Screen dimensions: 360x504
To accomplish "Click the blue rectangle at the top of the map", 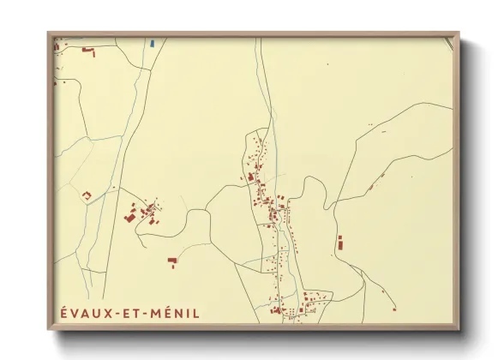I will click(x=152, y=42).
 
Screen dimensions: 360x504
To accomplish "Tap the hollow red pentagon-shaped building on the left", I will click(x=86, y=196).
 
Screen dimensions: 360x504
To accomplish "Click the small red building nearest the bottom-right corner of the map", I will click(x=394, y=308).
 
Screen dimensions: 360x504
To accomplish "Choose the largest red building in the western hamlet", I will click(x=131, y=216).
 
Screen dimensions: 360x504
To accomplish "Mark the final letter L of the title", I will click(x=196, y=313).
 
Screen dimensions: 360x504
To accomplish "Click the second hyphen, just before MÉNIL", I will click(x=147, y=314).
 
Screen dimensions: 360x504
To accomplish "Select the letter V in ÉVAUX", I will click(x=74, y=313).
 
